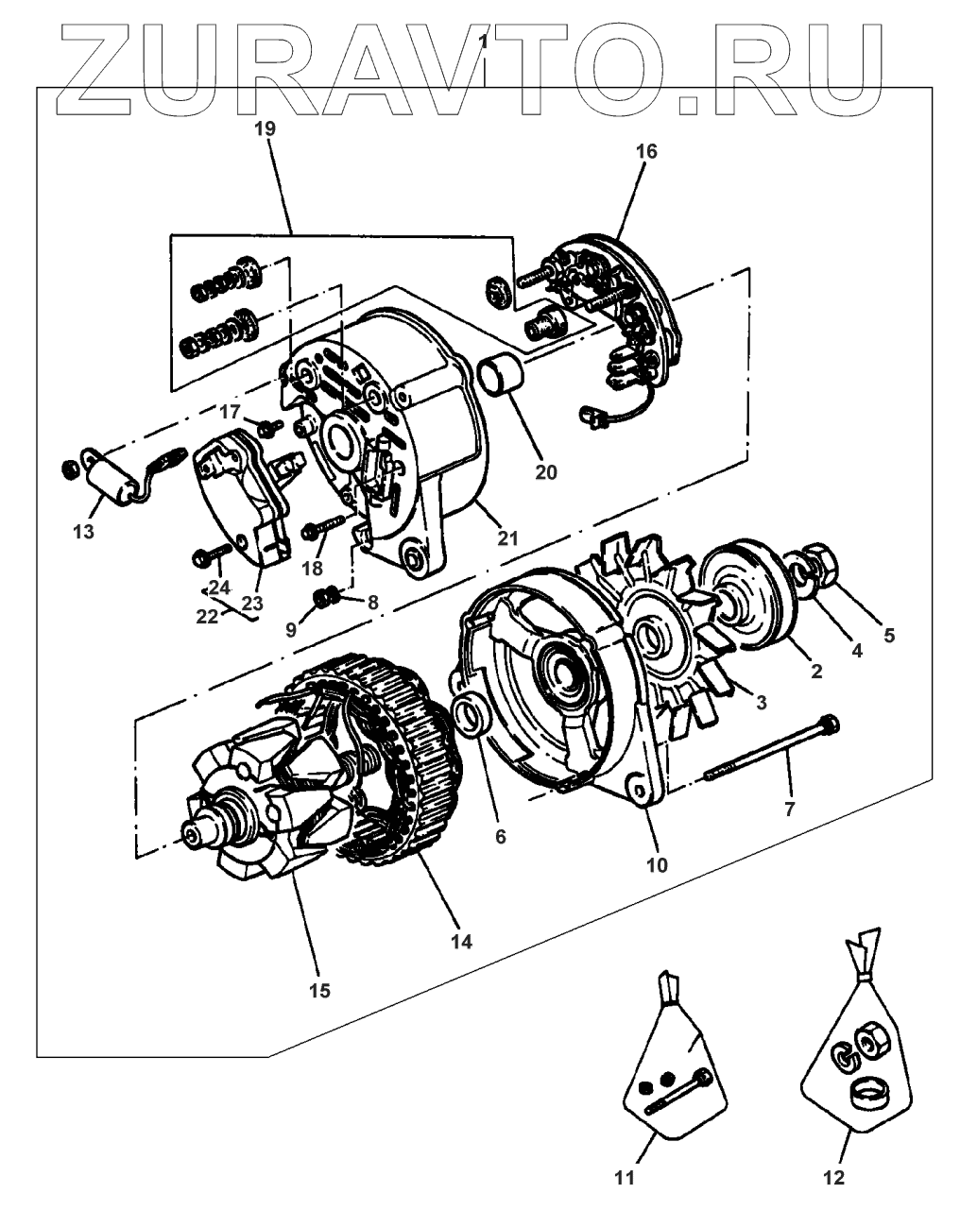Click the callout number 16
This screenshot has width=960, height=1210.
point(646,151)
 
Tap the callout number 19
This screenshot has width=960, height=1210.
point(266,130)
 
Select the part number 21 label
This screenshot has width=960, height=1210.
point(507,539)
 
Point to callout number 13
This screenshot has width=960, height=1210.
point(83,532)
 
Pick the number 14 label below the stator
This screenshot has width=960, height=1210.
point(461,942)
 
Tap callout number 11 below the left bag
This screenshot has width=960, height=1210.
point(625,1177)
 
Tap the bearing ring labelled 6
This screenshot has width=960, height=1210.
point(469,718)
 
